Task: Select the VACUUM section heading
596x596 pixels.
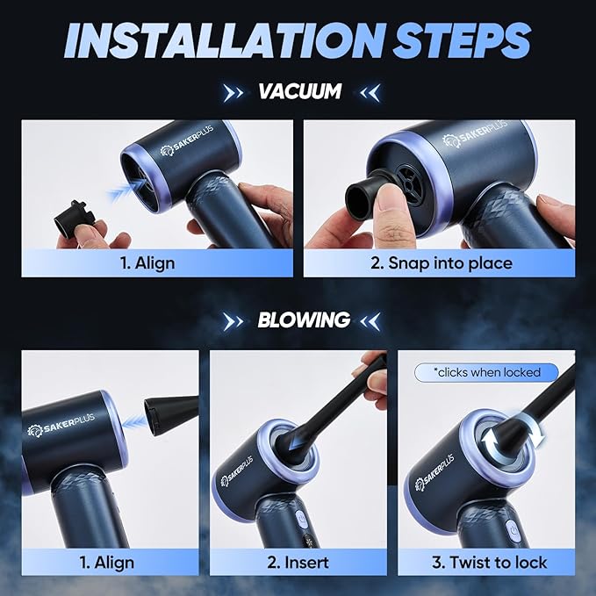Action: click(x=298, y=91)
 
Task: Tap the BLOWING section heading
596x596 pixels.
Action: click(x=303, y=320)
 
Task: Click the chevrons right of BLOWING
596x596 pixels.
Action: click(x=371, y=320)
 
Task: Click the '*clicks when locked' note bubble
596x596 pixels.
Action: click(x=487, y=372)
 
